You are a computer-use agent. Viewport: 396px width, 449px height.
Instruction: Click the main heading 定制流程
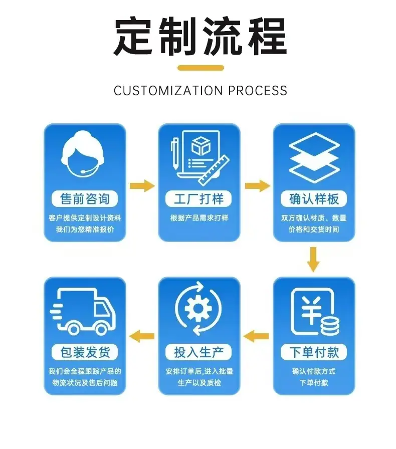pyautogui.click(x=201, y=36)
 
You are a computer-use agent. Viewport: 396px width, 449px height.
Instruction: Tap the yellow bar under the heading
pyautogui.click(x=201, y=68)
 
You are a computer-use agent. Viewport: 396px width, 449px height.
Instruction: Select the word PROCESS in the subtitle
pyautogui.click(x=258, y=91)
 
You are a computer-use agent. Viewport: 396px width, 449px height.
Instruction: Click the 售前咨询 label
pyautogui.click(x=85, y=198)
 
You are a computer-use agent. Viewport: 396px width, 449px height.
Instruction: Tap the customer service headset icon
pyautogui.click(x=83, y=153)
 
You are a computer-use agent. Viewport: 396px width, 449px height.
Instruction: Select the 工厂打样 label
pyautogui.click(x=199, y=198)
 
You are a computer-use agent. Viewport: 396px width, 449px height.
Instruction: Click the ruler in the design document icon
pyautogui.click(x=214, y=170)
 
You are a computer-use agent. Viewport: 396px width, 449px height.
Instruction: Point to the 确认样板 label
pyautogui.click(x=314, y=198)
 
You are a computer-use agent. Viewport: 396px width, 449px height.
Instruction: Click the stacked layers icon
pyautogui.click(x=314, y=158)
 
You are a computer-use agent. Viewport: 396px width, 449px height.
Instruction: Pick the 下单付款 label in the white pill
pyautogui.click(x=314, y=352)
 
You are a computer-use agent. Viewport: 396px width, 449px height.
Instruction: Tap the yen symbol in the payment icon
pyautogui.click(x=311, y=310)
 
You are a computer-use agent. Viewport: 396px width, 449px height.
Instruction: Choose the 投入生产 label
pyautogui.click(x=199, y=352)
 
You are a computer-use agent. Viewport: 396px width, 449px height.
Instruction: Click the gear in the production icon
pyautogui.click(x=199, y=308)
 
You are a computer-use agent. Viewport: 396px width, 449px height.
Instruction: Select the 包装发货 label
pyautogui.click(x=85, y=352)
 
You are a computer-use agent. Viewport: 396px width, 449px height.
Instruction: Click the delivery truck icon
pyautogui.click(x=83, y=311)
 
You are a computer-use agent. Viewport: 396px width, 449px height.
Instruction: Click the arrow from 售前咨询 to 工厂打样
pyautogui.click(x=142, y=185)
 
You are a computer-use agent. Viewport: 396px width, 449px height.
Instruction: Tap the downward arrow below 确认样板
pyautogui.click(x=313, y=259)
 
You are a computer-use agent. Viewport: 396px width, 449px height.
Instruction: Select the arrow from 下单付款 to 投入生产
pyautogui.click(x=256, y=336)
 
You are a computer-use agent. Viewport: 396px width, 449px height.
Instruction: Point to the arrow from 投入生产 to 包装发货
pyautogui.click(x=142, y=336)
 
